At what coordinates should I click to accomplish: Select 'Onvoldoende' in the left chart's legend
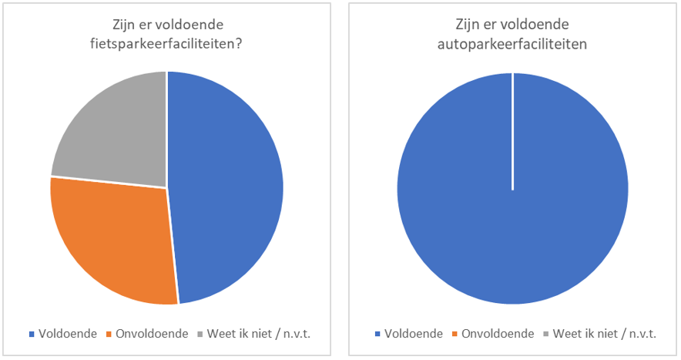point(151,334)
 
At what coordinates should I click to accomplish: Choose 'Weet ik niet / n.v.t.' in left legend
point(258,334)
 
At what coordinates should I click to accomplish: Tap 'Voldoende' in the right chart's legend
point(413,334)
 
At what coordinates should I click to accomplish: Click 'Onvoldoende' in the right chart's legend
point(497,334)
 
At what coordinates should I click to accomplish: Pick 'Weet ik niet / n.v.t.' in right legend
point(604,334)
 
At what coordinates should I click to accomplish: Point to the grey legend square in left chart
point(200,335)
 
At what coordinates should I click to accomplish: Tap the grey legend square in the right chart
point(546,335)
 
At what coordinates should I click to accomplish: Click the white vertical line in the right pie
point(512,131)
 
